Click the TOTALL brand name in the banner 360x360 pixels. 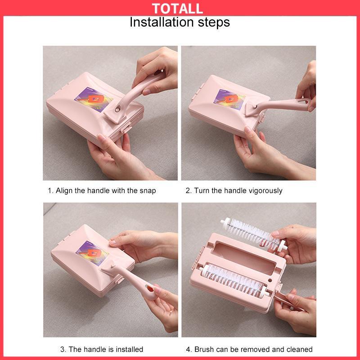pyautogui.click(x=177, y=9)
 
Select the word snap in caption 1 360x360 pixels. pyautogui.click(x=148, y=191)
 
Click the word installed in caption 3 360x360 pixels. pyautogui.click(x=129, y=349)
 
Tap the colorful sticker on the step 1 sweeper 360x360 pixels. pyautogui.click(x=94, y=99)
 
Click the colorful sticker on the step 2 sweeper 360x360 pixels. pyautogui.click(x=229, y=99)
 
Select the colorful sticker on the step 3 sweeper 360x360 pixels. pyautogui.click(x=93, y=253)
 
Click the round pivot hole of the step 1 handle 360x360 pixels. pyautogui.click(x=117, y=110)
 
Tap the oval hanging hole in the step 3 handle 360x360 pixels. pyautogui.click(x=149, y=288)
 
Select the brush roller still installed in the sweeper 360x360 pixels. pyautogui.click(x=234, y=281)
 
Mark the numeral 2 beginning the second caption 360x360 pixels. pyautogui.click(x=188, y=191)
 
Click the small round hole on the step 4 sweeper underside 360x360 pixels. pyautogui.click(x=270, y=280)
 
